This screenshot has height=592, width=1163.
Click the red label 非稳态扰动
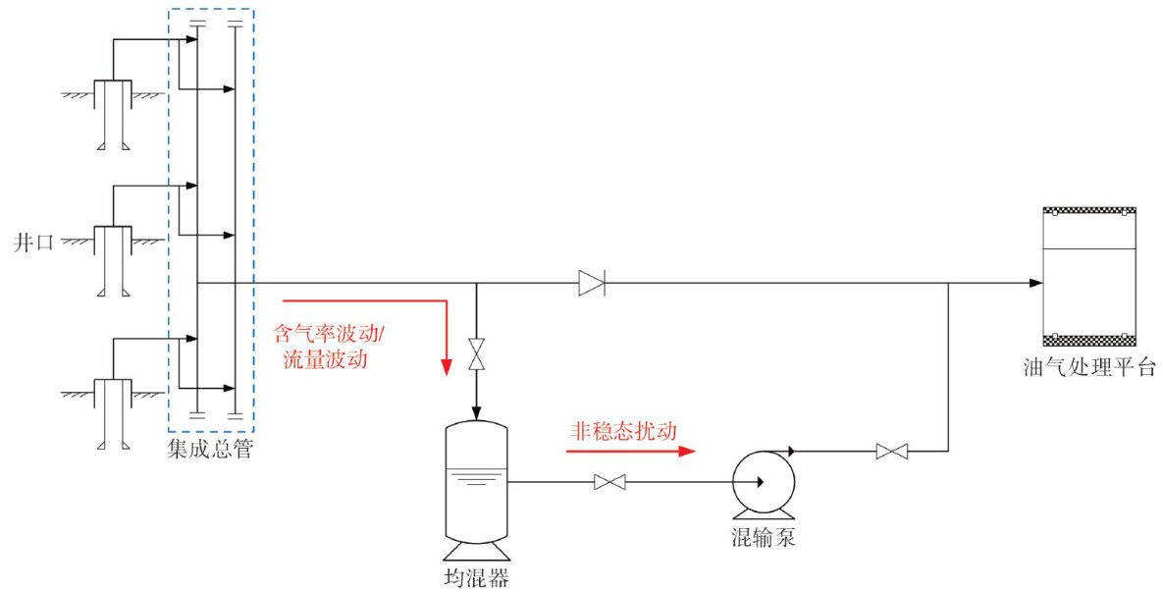[x=624, y=431]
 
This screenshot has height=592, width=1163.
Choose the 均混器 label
[x=478, y=577]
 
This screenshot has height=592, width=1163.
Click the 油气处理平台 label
[x=1088, y=368]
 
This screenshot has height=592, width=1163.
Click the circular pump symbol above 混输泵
[x=763, y=482]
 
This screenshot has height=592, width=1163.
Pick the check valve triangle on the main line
[x=591, y=283]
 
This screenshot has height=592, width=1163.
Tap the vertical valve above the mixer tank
[x=477, y=354]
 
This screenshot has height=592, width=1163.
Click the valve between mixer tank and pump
[x=610, y=482]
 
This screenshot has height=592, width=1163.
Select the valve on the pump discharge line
[x=891, y=452]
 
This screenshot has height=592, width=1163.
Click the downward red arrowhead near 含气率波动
[x=447, y=366]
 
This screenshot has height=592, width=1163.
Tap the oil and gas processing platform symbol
[x=1088, y=277]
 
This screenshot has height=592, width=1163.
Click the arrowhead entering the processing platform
[x=1035, y=283]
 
